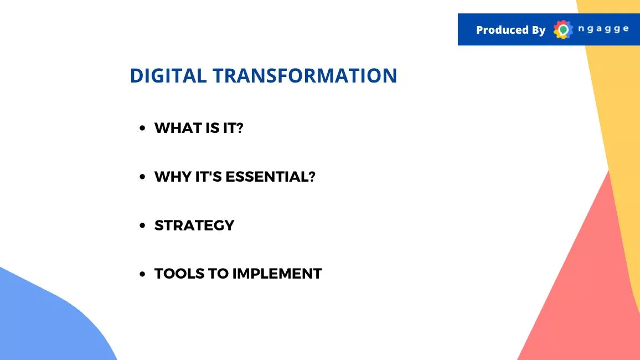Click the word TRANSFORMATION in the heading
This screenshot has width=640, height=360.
304,75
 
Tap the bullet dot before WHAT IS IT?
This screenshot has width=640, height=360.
142,128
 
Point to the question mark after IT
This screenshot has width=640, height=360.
240,128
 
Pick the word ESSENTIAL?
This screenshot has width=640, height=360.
270,177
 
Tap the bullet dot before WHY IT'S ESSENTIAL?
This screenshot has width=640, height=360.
142,177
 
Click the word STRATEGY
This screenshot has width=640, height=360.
194,225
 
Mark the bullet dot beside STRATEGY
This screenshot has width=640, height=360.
142,225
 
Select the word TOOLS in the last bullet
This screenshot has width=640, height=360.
179,274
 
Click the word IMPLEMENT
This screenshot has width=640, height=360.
277,274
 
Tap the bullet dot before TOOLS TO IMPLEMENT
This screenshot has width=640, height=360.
142,274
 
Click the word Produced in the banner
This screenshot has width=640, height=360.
502,30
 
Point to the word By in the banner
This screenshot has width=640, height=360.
538,30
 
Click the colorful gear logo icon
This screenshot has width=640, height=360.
563,29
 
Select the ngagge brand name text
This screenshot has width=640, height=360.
603,29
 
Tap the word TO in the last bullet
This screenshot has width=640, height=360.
219,274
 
